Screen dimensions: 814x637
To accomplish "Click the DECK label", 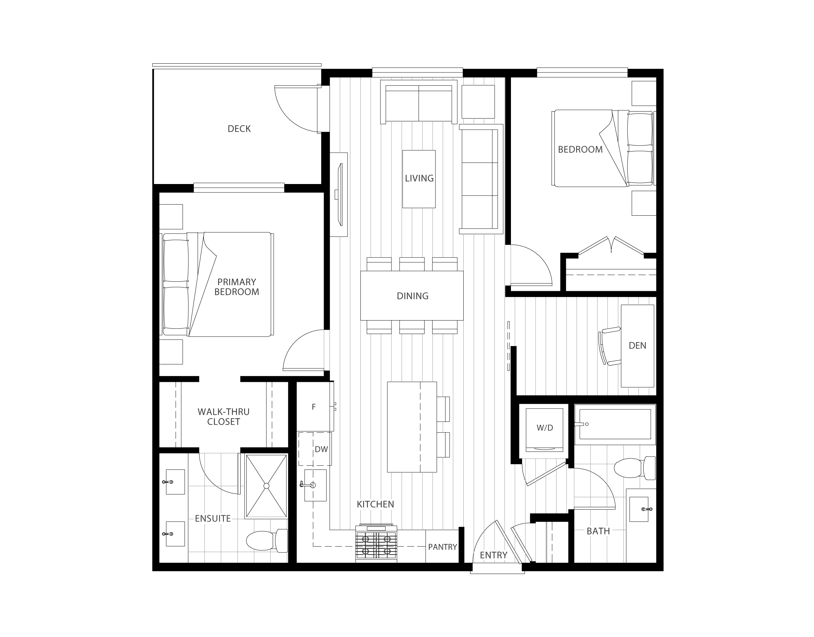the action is (x=239, y=129).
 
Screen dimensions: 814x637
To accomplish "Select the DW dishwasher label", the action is (x=321, y=449).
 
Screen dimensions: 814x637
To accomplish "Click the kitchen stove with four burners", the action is (x=376, y=543).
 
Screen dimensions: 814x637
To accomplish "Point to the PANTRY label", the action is (x=442, y=547).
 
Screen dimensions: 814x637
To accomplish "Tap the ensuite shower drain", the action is (x=266, y=486).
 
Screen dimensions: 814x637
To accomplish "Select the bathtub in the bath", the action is (x=615, y=424).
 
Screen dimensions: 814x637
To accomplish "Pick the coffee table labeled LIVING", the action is (x=419, y=179).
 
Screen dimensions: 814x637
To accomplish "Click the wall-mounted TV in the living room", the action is (x=340, y=194).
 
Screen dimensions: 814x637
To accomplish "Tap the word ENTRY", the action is (x=493, y=555).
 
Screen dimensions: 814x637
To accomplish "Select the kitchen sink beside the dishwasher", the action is (x=316, y=485).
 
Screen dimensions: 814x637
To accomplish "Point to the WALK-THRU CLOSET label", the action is (x=223, y=417).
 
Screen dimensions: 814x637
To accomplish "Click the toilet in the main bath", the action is (x=635, y=468).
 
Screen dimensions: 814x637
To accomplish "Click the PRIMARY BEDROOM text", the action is (x=237, y=287).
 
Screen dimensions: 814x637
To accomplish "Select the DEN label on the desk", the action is (x=637, y=345).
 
